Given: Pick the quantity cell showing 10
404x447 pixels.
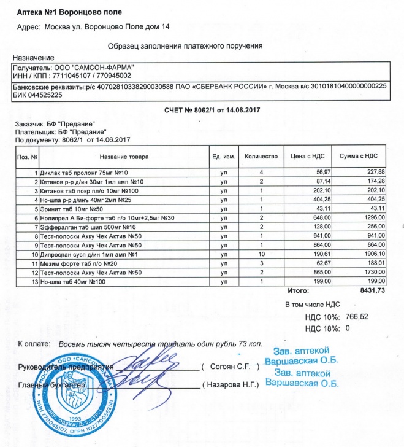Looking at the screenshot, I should point(261,254).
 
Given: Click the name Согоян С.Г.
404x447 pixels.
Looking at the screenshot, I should point(234,367).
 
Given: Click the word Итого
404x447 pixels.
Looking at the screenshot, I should point(298,290).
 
